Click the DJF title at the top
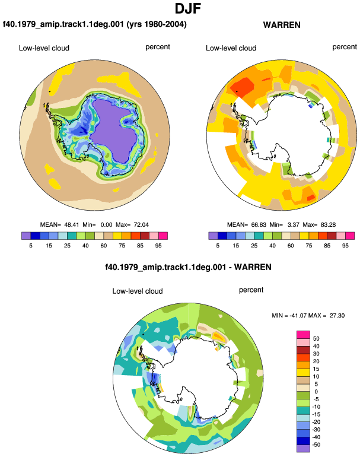pos(188,8)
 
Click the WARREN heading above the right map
pos(282,25)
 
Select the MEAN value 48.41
pos(72,225)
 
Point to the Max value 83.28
pos(328,225)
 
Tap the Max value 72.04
pos(141,225)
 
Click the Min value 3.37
pos(294,225)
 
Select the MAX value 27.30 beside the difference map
pos(337,315)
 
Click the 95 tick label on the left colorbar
pos(158,246)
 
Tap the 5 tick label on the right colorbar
pos(218,246)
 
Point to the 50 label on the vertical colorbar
pos(316,338)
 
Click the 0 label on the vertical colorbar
pos(316,392)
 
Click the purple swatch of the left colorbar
pos(26,236)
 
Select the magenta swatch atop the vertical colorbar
pos(303,335)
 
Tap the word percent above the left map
pos(158,47)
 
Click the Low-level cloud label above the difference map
pos(138,291)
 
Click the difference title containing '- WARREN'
pos(188,267)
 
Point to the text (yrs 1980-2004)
pos(157,24)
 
